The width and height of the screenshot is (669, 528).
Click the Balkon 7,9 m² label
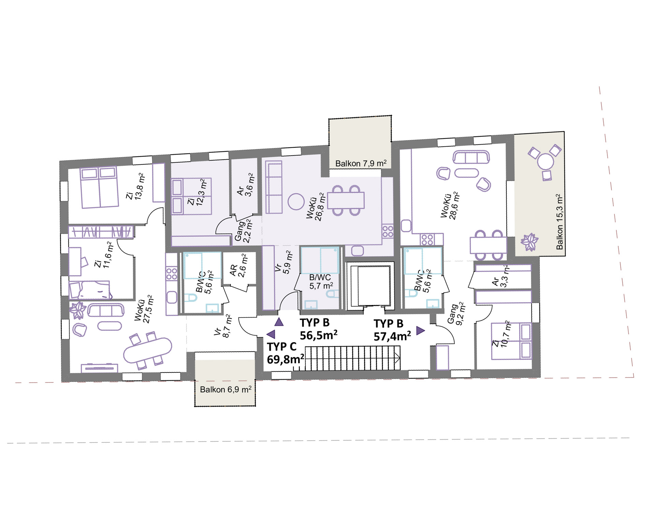coord(361,163)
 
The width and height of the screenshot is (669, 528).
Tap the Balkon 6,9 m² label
coord(226,390)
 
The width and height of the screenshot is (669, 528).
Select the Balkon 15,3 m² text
coord(560,222)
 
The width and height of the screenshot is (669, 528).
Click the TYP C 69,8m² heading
coord(285,353)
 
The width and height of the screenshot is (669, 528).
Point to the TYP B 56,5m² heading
coord(318,329)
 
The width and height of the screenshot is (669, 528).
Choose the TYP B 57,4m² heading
coord(392,330)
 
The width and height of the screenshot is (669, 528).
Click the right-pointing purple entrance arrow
coord(420,331)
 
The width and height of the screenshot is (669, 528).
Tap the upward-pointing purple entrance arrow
coord(279,322)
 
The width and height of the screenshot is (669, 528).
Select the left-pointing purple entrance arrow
coord(271,334)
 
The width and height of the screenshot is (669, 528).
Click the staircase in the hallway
coord(352,358)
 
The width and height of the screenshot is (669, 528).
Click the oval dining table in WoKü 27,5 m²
coord(148,350)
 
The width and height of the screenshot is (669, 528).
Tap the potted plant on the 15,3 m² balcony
coord(529,242)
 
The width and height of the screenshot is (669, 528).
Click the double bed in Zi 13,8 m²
coord(99,187)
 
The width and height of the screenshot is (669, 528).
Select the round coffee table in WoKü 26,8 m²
coord(296,202)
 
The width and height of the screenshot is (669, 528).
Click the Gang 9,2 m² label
coord(456,314)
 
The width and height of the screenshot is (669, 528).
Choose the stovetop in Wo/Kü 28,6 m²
coord(427,239)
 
